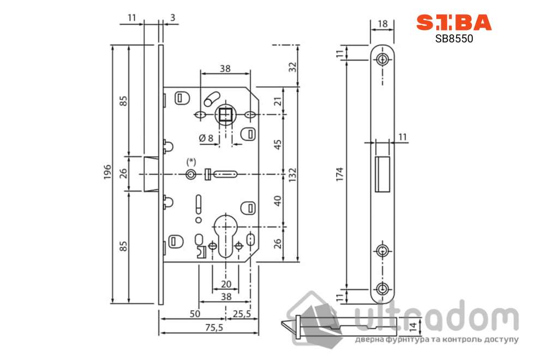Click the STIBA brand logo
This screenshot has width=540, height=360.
454,22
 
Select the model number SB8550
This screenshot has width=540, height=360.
454,38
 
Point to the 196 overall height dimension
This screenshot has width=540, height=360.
107,172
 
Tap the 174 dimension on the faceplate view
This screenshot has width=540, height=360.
340,175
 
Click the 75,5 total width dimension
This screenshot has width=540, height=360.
214,327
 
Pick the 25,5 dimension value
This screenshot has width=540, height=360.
242,314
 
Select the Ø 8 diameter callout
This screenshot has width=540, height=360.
206,138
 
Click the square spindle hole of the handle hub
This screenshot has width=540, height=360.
225,115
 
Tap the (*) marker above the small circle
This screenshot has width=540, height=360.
191,161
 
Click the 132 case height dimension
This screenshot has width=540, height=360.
292,175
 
